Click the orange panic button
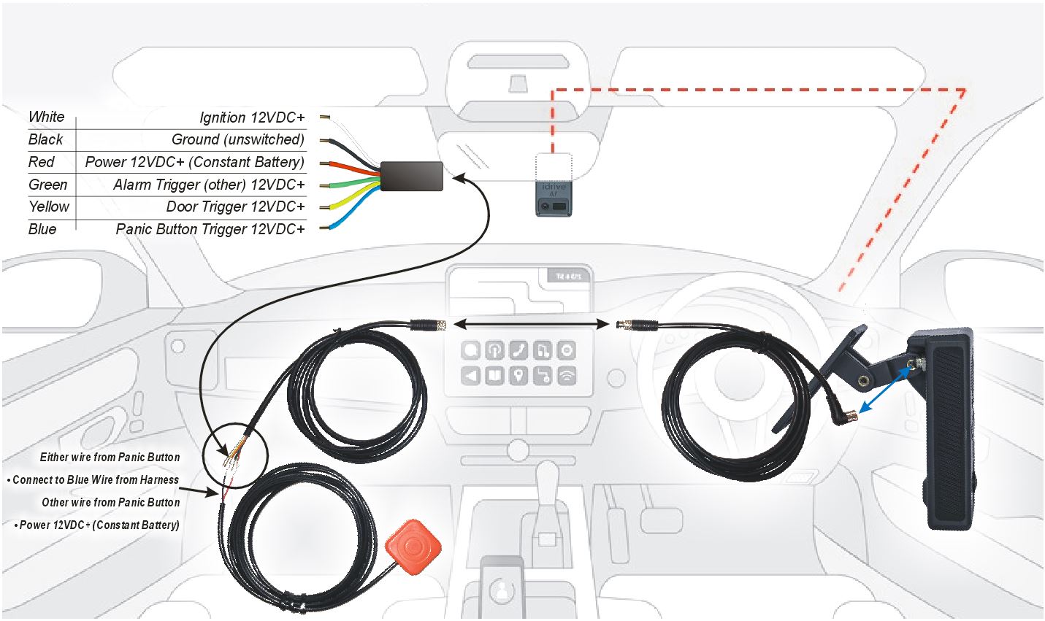[x=413, y=547]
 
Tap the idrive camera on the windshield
[x=554, y=199]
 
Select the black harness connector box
[x=411, y=177]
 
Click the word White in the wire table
[x=46, y=117]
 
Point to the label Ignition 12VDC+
[x=252, y=117]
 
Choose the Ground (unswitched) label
[x=238, y=139]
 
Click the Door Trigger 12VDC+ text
[x=235, y=207]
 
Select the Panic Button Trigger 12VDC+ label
[x=210, y=229]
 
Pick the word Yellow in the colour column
[x=48, y=206]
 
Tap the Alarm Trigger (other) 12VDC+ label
[x=209, y=185]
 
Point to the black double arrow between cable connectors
[x=531, y=324]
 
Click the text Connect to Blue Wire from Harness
[x=96, y=479]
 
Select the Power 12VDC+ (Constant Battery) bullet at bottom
[x=96, y=525]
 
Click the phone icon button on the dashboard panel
[x=518, y=350]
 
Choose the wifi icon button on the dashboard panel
[x=567, y=375]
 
